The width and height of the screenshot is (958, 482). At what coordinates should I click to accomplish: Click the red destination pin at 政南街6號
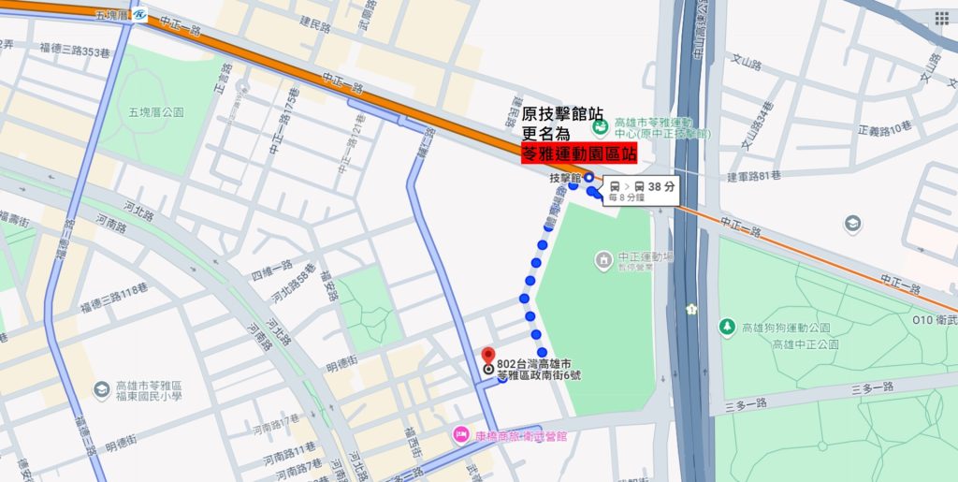click(486, 356)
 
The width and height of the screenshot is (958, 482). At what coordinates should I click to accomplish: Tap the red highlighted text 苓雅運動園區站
click(578, 156)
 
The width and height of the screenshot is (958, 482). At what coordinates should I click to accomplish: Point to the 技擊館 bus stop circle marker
click(589, 177)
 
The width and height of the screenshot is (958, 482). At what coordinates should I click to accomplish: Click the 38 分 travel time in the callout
click(660, 186)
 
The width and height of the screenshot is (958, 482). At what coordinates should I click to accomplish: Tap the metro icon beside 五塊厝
click(139, 16)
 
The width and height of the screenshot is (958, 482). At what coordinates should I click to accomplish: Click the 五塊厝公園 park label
click(156, 112)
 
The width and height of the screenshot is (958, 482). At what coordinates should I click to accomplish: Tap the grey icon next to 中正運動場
click(604, 257)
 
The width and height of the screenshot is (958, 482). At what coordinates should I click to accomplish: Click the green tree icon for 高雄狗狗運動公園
click(727, 327)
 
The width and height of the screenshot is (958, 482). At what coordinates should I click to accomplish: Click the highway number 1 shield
click(690, 308)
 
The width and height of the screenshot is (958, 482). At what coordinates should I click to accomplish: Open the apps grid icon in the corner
click(941, 18)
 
